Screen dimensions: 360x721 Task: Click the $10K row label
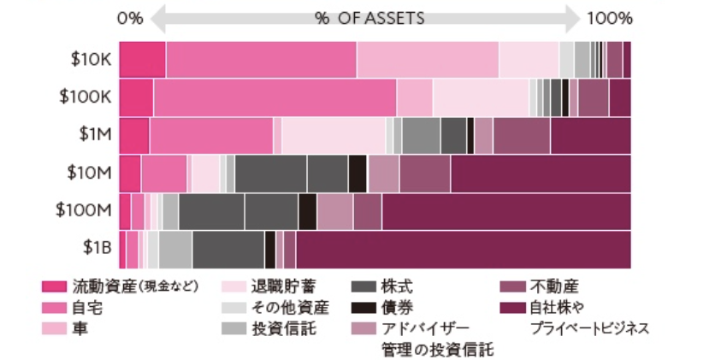pos(91,59)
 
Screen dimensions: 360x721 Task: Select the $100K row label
pos(86,97)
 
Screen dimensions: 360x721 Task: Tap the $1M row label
pos(95,134)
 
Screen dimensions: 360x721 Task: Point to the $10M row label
pos(91,172)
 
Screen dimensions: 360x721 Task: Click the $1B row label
pos(97,247)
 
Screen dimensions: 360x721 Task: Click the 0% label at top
pos(130,18)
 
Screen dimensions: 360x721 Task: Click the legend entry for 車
pos(80,328)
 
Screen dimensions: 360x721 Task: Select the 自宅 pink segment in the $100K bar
pos(274,97)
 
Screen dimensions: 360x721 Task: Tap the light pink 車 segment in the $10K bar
pos(427,60)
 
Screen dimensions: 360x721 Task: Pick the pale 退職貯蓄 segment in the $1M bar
pos(334,135)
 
